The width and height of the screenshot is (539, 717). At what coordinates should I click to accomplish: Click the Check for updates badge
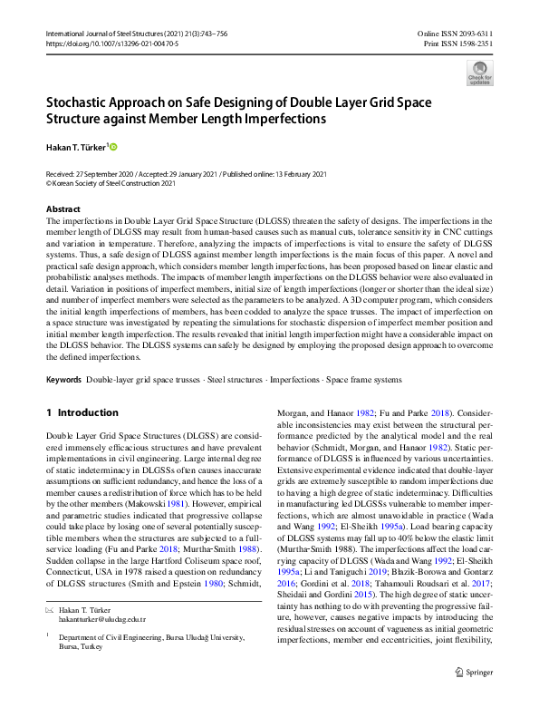pos(480,72)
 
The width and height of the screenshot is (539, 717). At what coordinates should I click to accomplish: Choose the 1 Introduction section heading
pos(88,412)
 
